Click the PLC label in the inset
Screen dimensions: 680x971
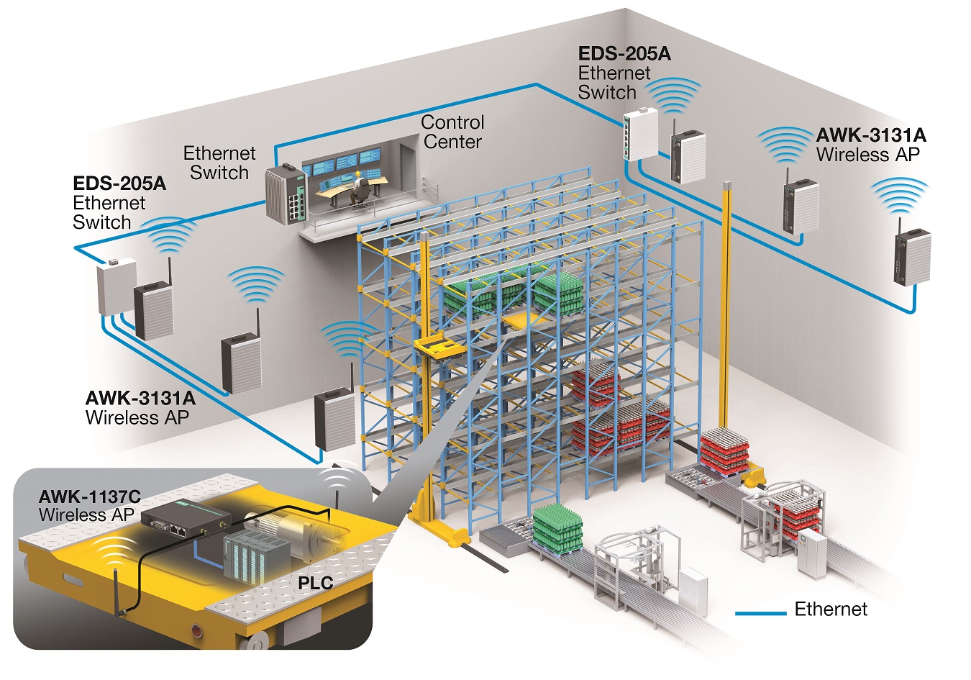[315, 582]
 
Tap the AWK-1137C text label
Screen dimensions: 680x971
[89, 497]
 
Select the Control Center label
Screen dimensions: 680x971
[452, 132]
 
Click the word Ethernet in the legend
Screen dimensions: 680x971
[831, 609]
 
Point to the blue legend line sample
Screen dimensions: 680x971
[760, 613]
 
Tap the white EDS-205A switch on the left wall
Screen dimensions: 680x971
[116, 287]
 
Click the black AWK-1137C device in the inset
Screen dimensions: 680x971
[185, 519]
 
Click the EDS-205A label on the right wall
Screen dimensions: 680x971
[624, 54]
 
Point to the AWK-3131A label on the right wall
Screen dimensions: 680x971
[871, 135]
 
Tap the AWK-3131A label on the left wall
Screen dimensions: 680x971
[140, 398]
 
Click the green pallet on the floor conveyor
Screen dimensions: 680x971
[557, 529]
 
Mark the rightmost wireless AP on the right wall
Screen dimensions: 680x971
[912, 257]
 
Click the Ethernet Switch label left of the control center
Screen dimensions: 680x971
[219, 163]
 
